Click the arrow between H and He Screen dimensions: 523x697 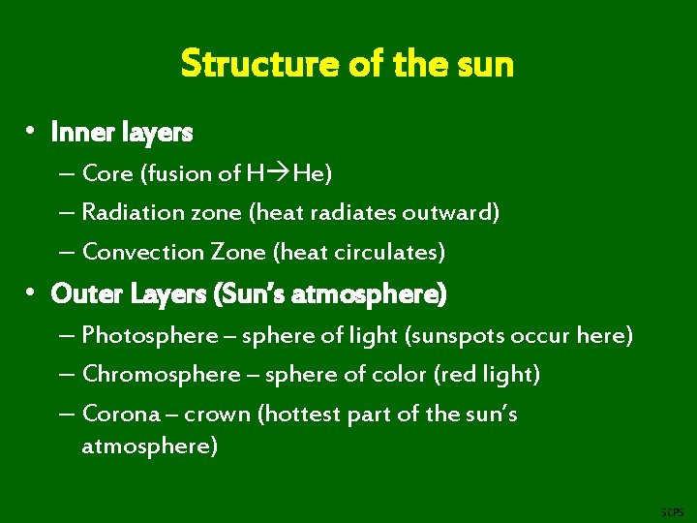pyautogui.click(x=279, y=174)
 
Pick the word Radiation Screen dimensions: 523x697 pyautogui.click(x=127, y=213)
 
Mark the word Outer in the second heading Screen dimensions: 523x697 pyautogui.click(x=79, y=292)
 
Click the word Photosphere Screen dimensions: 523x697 pyautogui.click(x=150, y=336)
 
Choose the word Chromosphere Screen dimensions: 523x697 pyautogui.click(x=160, y=375)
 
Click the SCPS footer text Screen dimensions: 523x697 pyautogui.click(x=671, y=510)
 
